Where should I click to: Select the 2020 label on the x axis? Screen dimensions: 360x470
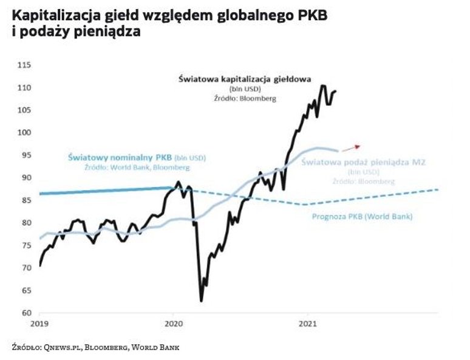(x=174, y=324)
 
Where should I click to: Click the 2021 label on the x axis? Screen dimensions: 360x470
(x=306, y=324)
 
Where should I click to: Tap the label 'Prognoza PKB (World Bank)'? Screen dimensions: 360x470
(x=361, y=216)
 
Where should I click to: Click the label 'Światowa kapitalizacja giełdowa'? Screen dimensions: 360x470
(x=245, y=79)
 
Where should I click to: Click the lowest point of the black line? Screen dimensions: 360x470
(x=200, y=301)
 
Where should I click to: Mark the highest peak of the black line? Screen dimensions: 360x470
(x=322, y=86)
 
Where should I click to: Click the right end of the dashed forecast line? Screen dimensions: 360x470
(x=438, y=190)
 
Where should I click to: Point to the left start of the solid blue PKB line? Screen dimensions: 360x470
(x=39, y=194)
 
